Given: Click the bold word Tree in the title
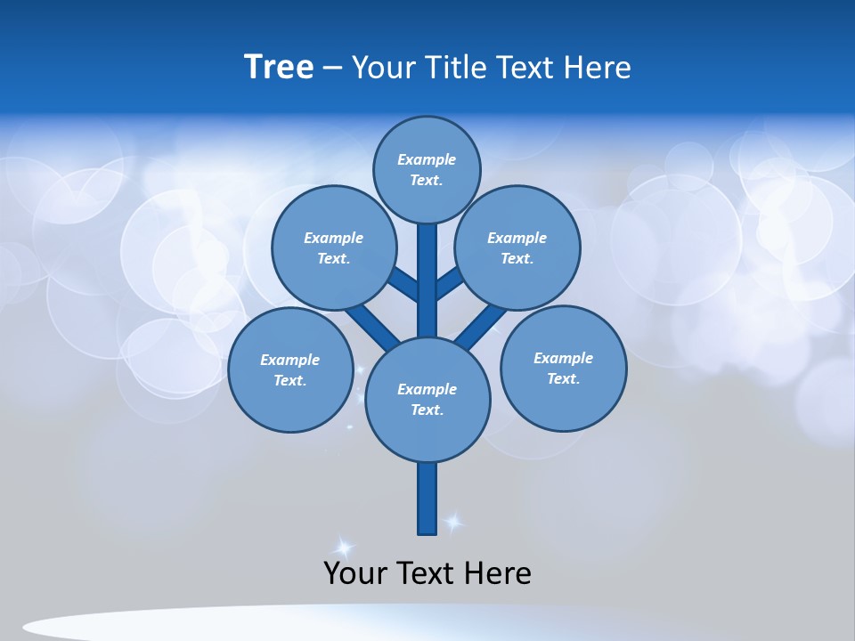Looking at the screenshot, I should pos(279,67).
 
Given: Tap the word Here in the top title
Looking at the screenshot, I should pos(598,68).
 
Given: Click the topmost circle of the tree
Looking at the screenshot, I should pos(427,169).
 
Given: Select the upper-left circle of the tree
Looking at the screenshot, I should pos(333,247).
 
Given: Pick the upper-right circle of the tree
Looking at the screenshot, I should pos(517,247).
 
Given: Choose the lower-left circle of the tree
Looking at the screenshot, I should pos(289,369).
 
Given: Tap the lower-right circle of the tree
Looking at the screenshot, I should pos(563,368).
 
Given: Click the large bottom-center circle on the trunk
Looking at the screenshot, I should pos(427,399).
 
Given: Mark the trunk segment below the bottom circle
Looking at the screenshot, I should pos(427,499).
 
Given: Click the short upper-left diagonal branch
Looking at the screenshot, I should pos(403,284).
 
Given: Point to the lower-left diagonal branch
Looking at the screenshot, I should pos(371,326).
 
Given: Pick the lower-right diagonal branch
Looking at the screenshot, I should pos(482,326).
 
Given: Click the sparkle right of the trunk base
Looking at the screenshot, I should pos(454,523).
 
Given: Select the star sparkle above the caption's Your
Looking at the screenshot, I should pos(343,547).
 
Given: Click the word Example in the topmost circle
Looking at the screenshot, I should pos(427,159).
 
